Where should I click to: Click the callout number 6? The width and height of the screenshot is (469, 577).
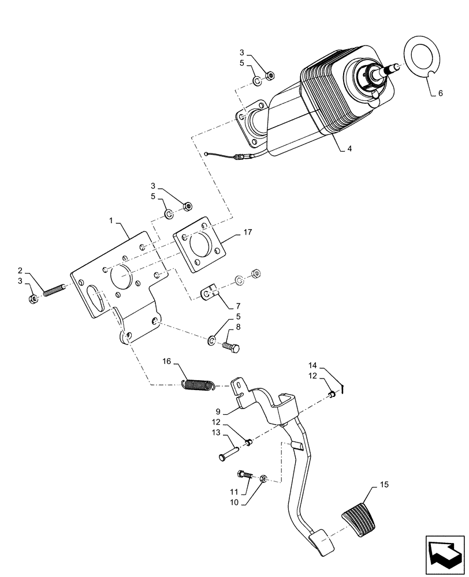pos(440,92)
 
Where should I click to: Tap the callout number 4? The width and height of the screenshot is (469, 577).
pos(349,148)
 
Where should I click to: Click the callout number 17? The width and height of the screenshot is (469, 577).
pos(247,233)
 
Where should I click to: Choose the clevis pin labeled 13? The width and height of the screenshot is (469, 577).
pos(228,451)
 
